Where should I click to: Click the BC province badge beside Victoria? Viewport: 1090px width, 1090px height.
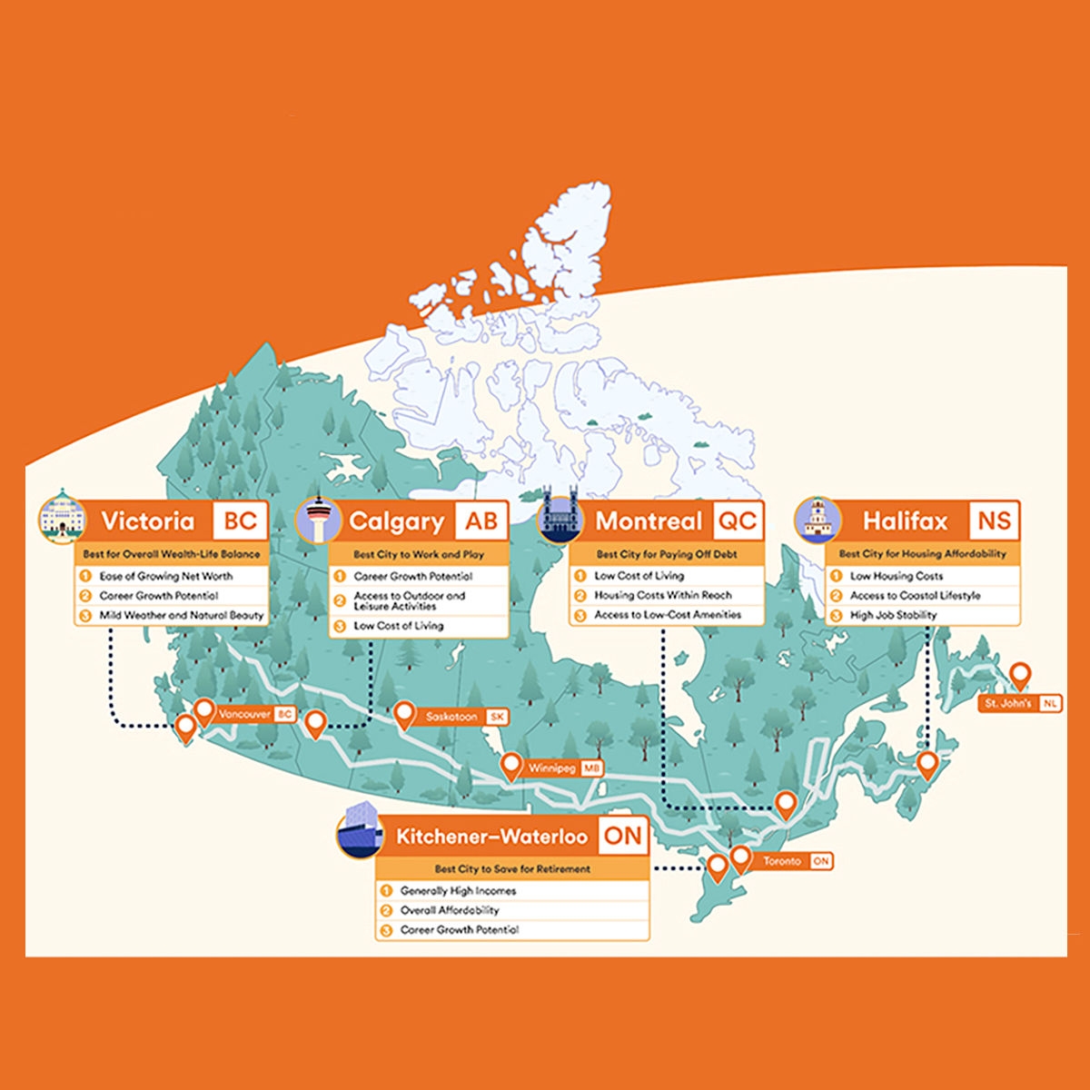point(241,521)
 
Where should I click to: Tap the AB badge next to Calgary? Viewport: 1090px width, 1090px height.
point(481,521)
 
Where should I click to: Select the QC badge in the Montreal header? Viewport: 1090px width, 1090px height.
point(737,521)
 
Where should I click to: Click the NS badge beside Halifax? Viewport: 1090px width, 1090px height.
point(994,521)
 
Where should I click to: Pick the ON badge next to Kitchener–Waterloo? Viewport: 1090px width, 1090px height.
point(622,836)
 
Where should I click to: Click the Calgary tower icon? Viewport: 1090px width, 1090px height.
point(318,520)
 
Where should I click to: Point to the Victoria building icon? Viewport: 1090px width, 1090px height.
point(61,519)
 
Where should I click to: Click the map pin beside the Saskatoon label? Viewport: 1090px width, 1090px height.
point(404,714)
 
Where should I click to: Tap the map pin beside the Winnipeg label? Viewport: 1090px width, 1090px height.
point(511,765)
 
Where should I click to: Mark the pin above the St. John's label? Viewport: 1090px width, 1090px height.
point(1021,676)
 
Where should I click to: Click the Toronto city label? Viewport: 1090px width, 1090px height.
point(782,861)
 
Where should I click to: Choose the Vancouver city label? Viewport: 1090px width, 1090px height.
point(244,715)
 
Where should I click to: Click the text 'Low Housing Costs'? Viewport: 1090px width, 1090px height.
point(897,576)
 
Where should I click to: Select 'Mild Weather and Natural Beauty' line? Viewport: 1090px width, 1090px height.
point(181,616)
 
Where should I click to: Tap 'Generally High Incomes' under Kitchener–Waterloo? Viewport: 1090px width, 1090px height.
point(458,891)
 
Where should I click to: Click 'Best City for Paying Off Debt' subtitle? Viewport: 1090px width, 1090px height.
point(667,554)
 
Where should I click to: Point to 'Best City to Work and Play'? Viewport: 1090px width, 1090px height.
point(419,554)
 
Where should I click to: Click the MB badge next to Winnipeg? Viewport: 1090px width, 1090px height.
point(591,768)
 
